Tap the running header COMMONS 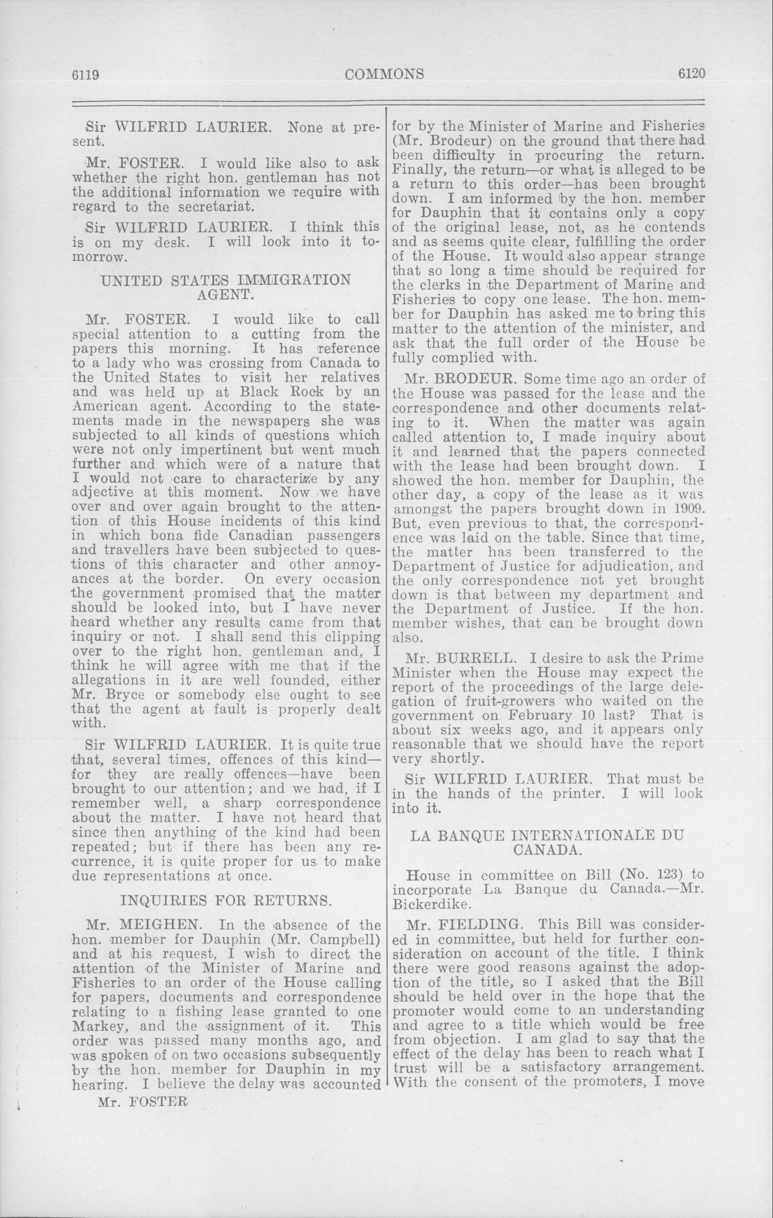point(384,74)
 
